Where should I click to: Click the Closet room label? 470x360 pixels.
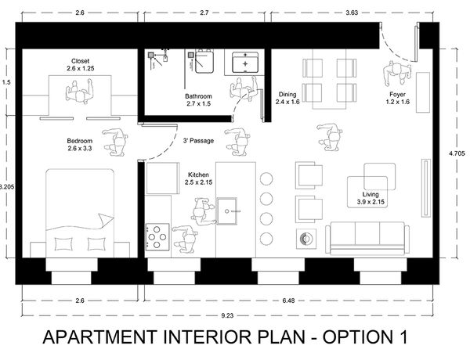[81, 65]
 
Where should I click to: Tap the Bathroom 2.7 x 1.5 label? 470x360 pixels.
[198, 100]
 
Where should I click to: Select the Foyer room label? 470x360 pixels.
[397, 99]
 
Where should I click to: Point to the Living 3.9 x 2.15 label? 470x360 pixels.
[371, 198]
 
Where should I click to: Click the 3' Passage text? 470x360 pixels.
[198, 140]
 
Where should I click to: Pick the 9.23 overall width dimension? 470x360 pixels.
[227, 315]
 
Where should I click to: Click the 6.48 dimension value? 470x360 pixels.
[288, 301]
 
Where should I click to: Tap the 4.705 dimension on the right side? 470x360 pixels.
[457, 153]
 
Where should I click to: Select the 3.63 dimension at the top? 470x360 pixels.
[352, 13]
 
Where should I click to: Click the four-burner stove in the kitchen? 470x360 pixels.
[157, 237]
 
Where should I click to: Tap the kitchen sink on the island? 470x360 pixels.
[227, 211]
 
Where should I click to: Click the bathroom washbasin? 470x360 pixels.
[245, 63]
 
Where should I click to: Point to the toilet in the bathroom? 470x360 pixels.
[204, 61]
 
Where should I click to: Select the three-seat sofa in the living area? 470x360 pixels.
[367, 239]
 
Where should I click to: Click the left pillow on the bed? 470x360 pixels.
[64, 244]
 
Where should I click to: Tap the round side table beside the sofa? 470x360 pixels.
[306, 239]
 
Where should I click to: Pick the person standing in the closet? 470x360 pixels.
[80, 92]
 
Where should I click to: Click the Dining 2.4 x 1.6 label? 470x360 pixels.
[287, 98]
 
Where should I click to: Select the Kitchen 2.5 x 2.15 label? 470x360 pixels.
[198, 178]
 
